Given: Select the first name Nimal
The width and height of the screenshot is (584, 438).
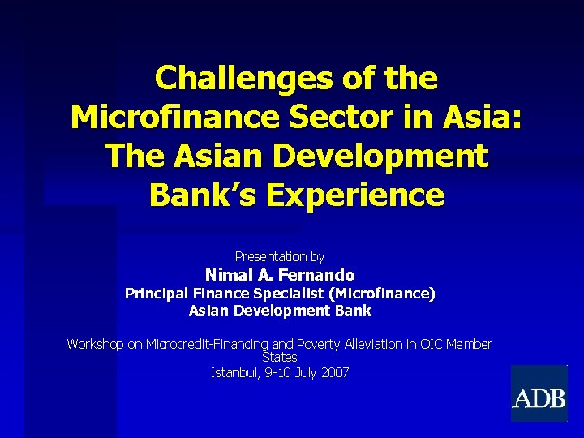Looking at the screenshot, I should click(229, 275).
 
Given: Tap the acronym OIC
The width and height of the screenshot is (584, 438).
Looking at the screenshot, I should click(431, 344).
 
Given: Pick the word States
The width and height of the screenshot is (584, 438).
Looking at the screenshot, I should click(280, 357).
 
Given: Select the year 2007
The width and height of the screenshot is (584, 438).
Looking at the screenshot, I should click(334, 373).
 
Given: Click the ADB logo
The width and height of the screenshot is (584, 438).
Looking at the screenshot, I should click(539, 394).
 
